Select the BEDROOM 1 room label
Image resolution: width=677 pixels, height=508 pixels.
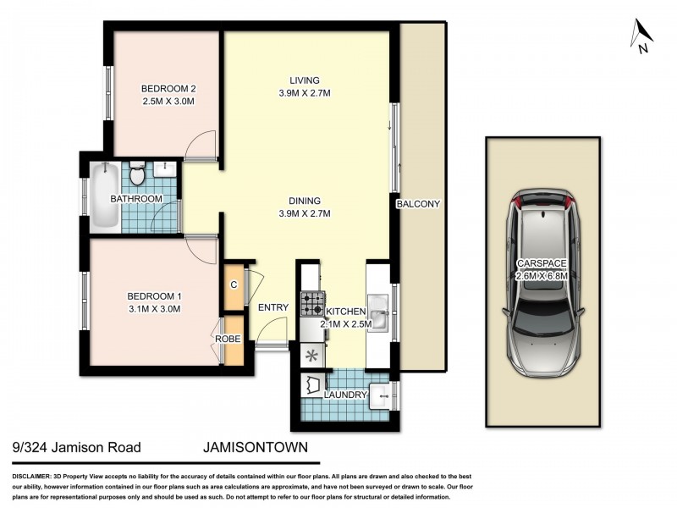point(155,295)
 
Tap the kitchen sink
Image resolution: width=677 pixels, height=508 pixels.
point(379,321)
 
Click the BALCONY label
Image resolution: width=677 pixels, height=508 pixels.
point(421,204)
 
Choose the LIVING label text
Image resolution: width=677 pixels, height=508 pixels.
point(305,81)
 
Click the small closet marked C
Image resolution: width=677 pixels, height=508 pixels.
point(233,284)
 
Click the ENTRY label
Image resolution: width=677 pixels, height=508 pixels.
point(274,307)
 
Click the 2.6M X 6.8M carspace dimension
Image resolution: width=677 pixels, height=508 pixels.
point(542,274)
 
